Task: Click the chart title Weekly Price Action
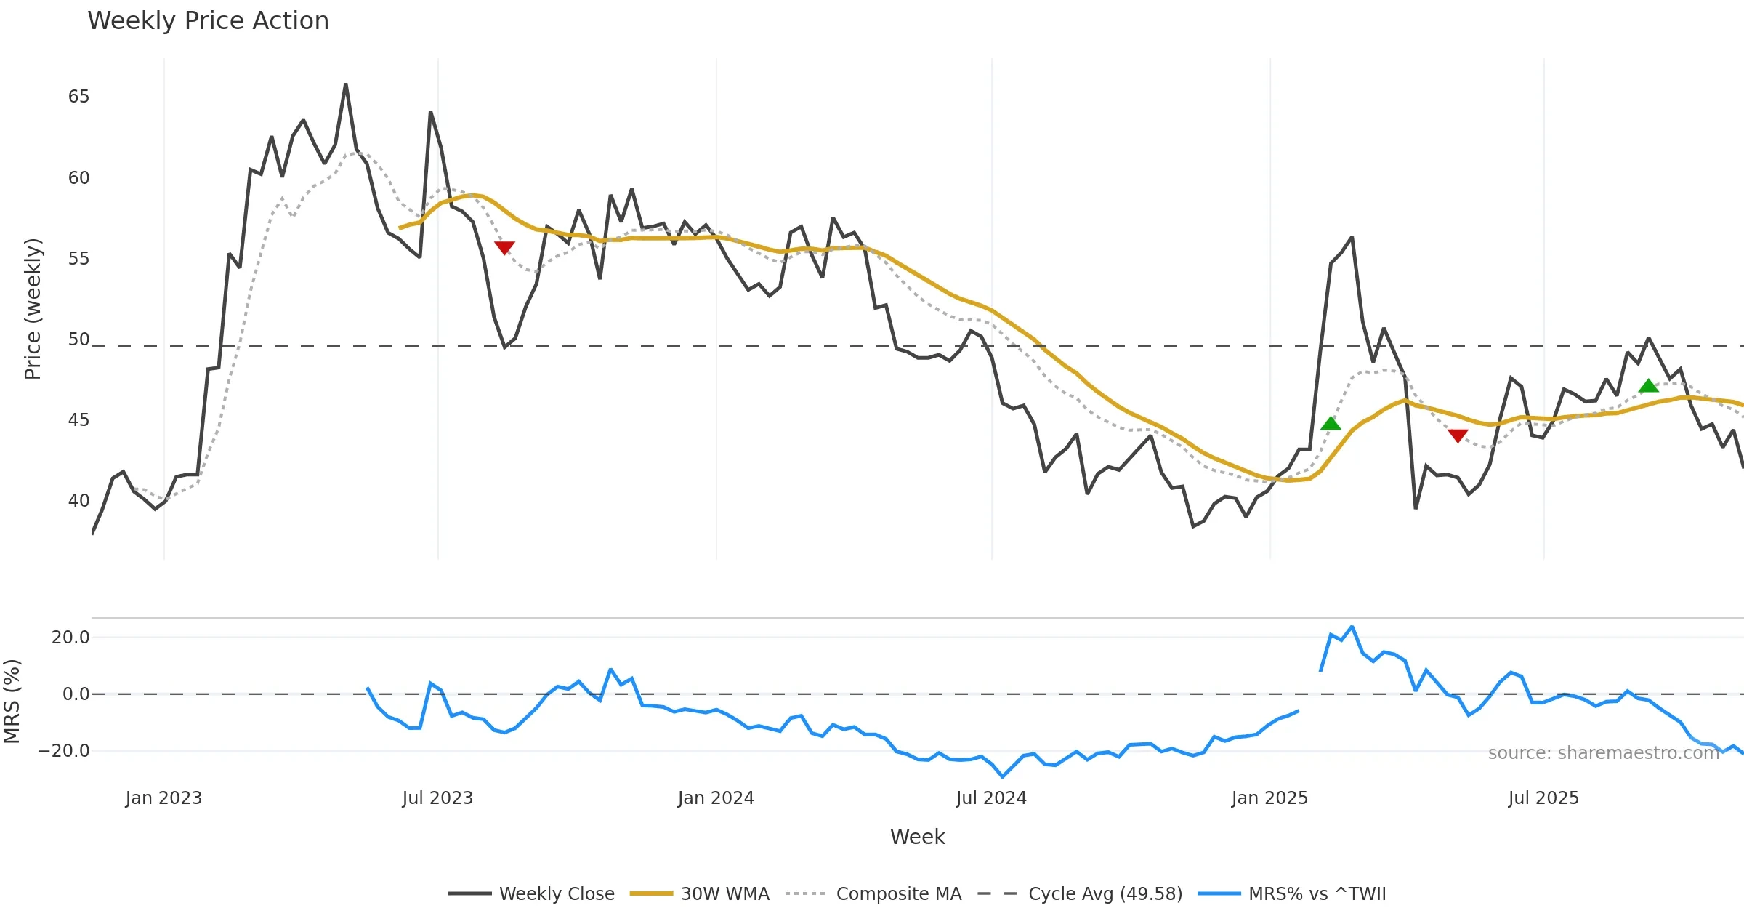[x=208, y=21]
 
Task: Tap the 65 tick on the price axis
[x=78, y=97]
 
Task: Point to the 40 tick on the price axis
[x=78, y=501]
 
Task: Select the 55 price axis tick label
[x=78, y=259]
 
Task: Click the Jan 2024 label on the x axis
[x=716, y=798]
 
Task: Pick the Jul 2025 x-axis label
[x=1543, y=798]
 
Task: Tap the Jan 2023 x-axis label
[x=163, y=798]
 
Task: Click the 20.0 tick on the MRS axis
[x=70, y=638]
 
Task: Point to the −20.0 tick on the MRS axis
[x=64, y=751]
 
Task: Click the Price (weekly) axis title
[x=33, y=309]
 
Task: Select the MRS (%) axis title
[x=12, y=701]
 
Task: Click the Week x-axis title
[x=917, y=837]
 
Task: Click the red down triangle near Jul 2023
[x=504, y=247]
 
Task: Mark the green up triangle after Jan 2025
[x=1331, y=423]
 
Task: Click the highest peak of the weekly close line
[x=346, y=84]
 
